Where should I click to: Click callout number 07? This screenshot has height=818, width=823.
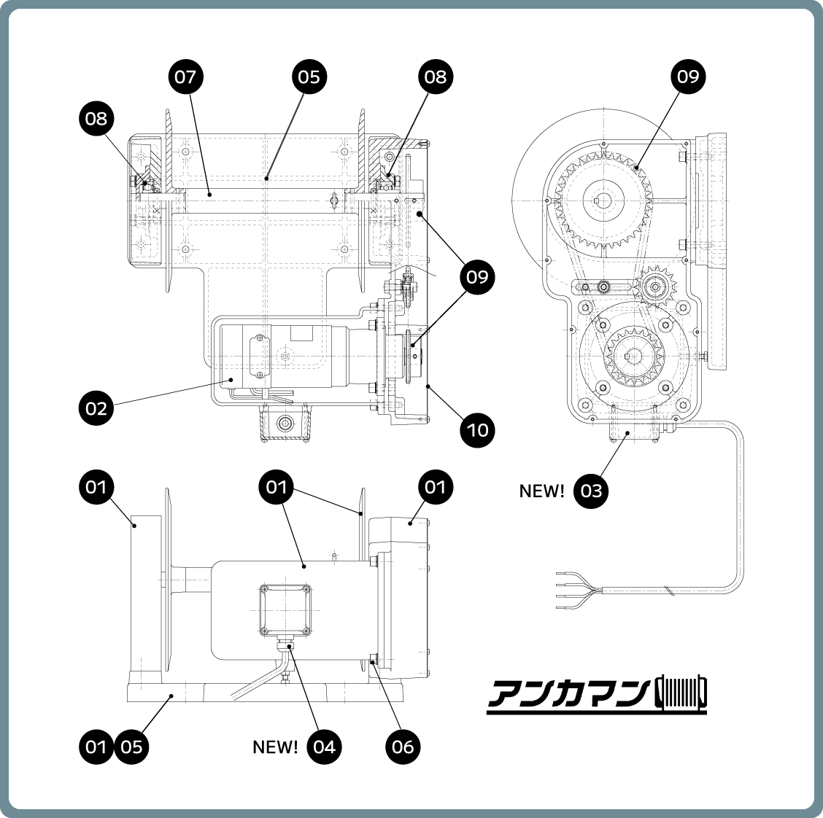[186, 77]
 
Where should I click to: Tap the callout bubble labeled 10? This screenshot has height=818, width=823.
[478, 429]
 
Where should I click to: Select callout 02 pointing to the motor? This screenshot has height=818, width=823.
[96, 408]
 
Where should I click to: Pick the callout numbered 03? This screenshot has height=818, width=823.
[592, 491]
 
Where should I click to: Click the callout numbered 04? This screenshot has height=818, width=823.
[325, 747]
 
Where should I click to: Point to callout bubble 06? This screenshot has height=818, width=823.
[403, 747]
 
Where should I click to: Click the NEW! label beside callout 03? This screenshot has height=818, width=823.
[541, 491]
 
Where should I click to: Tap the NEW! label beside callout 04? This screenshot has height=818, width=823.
[275, 747]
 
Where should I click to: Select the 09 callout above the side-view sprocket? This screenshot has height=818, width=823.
[689, 77]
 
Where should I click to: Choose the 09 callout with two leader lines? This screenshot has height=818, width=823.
[478, 277]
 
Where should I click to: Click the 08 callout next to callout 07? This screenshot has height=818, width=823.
[96, 117]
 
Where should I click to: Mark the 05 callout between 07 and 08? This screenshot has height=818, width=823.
[309, 77]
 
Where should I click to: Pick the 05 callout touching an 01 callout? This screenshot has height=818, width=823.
[132, 747]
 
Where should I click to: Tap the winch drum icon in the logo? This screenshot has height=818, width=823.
[681, 693]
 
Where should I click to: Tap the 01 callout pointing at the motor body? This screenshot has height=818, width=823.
[277, 486]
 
